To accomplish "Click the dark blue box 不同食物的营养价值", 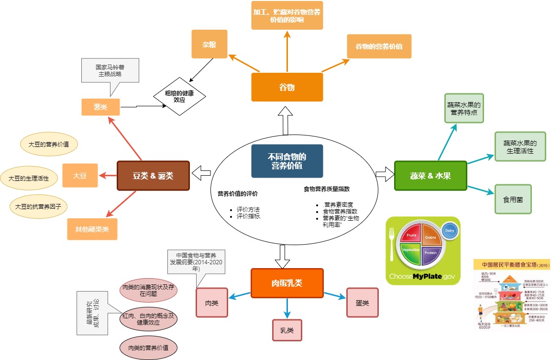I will coord(287,161).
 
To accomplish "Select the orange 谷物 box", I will coord(287,87).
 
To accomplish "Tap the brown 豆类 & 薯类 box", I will coord(153,175).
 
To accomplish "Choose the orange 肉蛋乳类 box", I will coord(287,283).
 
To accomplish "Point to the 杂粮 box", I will coord(209,44).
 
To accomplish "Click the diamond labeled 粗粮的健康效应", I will coord(179,96).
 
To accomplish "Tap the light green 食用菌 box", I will coord(513,199).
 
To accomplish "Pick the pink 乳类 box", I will coord(287,330).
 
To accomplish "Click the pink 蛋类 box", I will coord(362,303).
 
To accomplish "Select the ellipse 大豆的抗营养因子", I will coord(39,206).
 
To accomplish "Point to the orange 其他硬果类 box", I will coord(92,229).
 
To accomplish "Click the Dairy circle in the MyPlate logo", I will coord(450,231).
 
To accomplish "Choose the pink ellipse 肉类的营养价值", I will coord(148,347).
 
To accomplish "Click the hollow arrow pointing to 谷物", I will coord(287,121).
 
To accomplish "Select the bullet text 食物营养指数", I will coord(340,211).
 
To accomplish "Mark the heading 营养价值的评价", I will coord(238,194).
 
